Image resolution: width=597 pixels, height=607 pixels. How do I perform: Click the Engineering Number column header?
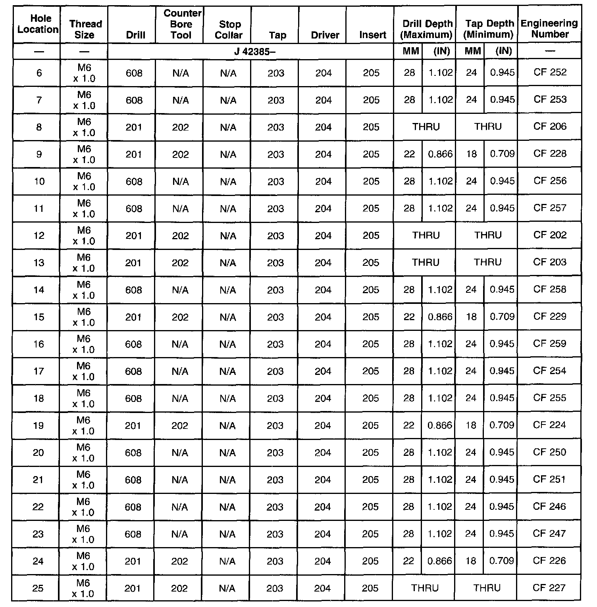click(549, 29)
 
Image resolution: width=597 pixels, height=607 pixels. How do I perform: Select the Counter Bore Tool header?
click(181, 24)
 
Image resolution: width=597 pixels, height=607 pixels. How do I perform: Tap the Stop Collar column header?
click(229, 30)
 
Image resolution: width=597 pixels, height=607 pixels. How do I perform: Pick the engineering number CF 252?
click(550, 73)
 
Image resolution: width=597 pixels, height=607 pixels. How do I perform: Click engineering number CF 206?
click(550, 127)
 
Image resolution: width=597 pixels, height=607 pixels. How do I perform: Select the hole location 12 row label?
click(39, 236)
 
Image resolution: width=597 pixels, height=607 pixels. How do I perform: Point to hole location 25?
click(38, 588)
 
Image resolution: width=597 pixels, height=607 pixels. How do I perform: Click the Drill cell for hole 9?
click(134, 154)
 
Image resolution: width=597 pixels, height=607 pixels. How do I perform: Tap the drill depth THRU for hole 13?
click(426, 263)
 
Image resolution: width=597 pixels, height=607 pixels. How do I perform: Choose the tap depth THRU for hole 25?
click(487, 588)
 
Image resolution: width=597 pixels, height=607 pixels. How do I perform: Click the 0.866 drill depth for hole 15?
click(440, 317)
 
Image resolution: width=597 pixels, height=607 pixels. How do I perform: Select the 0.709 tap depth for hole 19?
click(502, 425)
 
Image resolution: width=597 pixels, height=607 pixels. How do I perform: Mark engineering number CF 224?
click(549, 425)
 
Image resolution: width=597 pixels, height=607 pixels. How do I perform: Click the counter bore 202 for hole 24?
click(180, 561)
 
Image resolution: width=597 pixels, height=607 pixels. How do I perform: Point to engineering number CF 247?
click(549, 534)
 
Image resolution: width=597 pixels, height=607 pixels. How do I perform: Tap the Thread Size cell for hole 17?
click(84, 371)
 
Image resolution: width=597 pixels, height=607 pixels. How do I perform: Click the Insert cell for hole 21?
click(370, 480)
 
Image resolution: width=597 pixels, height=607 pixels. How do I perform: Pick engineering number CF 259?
click(549, 344)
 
